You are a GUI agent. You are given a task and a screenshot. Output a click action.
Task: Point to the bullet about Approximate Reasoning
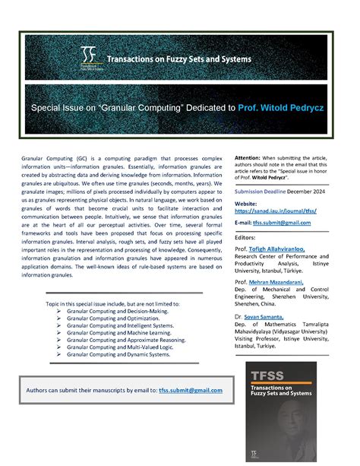[124, 346]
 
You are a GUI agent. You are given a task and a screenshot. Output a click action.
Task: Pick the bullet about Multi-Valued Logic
[120, 354]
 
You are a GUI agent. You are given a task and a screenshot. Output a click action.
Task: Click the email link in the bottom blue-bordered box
[191, 390]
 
